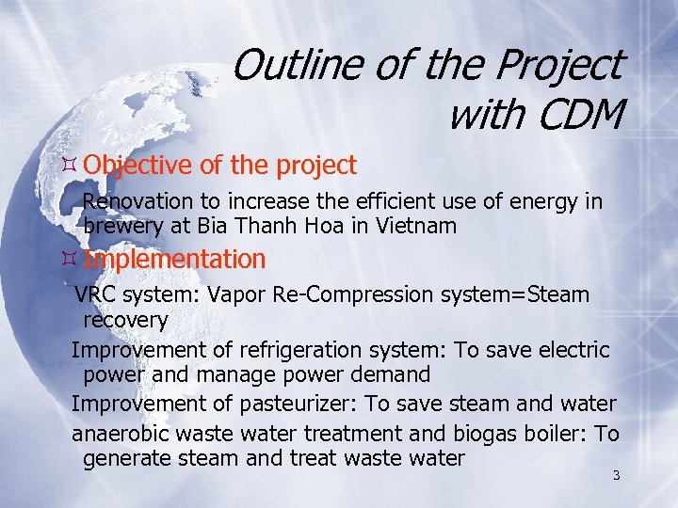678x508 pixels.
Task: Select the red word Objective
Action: (140, 166)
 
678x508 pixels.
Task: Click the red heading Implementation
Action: (174, 259)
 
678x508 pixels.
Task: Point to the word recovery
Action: (125, 320)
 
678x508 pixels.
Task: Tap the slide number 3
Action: (616, 475)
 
